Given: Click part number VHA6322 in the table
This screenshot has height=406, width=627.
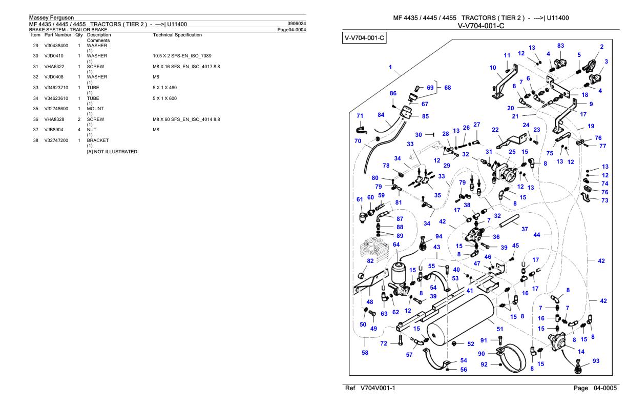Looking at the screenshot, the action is (x=54, y=67).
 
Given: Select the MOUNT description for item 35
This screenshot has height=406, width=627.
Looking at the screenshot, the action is (x=95, y=109).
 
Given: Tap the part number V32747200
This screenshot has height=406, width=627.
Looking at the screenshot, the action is (x=56, y=140).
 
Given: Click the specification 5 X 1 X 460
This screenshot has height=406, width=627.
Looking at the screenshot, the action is (x=164, y=88).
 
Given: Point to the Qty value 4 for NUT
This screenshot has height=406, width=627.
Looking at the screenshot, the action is (x=79, y=130).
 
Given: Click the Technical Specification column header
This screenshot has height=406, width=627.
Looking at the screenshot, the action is (x=177, y=35).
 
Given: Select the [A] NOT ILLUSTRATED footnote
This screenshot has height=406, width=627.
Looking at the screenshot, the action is (x=112, y=152).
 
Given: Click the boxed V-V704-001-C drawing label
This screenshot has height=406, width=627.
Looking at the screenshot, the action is (x=364, y=38).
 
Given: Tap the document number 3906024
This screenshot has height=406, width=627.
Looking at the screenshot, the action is (x=297, y=24).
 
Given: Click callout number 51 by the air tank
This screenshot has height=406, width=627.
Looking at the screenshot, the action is (x=500, y=329).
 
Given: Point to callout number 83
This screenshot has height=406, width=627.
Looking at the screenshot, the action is (x=560, y=46).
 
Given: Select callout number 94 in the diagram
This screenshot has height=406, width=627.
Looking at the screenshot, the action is (x=439, y=236).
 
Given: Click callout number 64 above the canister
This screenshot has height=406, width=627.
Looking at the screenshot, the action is (x=396, y=245).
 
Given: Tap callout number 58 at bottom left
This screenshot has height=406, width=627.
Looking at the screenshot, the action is (x=365, y=353).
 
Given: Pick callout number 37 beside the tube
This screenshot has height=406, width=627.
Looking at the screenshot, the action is (x=525, y=229).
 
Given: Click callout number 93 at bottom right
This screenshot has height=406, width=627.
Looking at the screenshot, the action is (x=596, y=360).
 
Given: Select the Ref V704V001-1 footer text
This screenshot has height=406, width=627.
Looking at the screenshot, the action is (x=370, y=388).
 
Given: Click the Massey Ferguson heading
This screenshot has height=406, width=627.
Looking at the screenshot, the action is (x=52, y=17).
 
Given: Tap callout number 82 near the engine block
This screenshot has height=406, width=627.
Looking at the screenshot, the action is (x=370, y=261).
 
